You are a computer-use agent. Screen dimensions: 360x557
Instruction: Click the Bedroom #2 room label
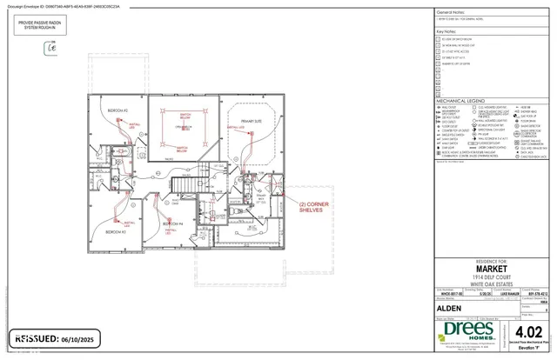tap(117, 111)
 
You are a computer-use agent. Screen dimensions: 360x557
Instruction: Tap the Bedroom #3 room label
tap(116, 233)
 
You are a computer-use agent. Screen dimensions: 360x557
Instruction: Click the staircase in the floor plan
tap(185, 184)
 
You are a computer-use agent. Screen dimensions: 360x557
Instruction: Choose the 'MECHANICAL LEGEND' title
tap(458, 100)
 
